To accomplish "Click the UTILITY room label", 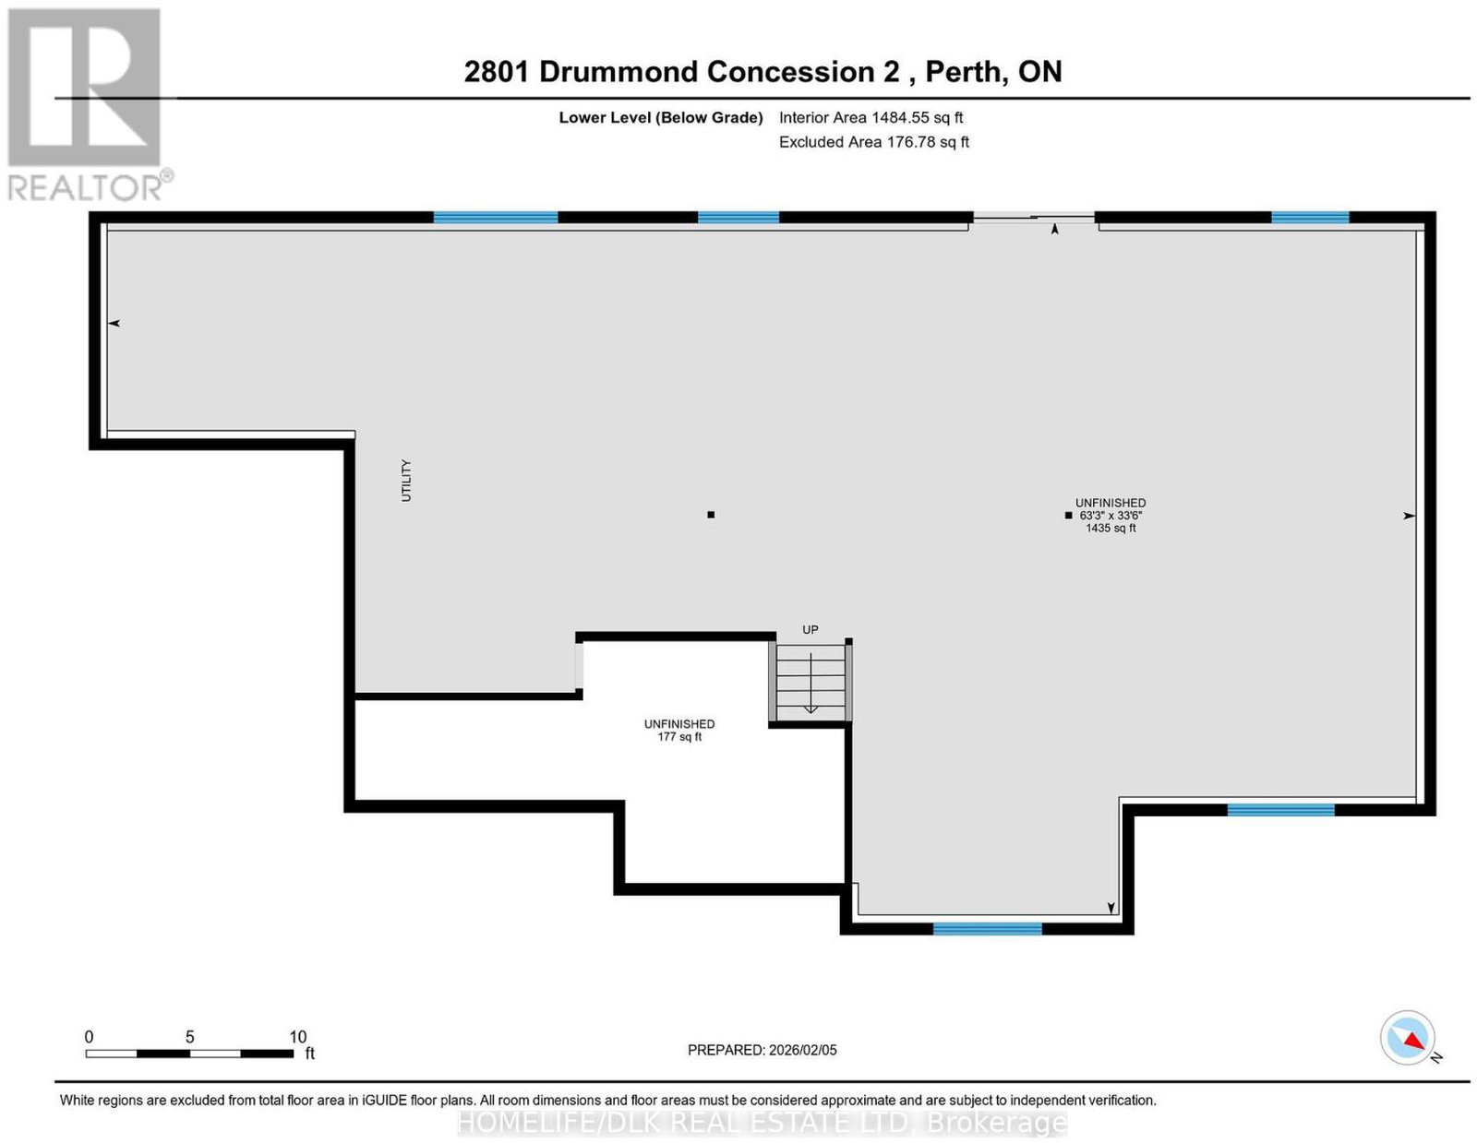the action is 406,480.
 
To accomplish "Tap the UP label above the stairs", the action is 810,629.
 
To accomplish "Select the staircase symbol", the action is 811,681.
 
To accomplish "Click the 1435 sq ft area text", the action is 1110,528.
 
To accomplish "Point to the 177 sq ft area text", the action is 679,737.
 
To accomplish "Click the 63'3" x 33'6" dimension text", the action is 1110,516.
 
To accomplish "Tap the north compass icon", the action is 1407,1038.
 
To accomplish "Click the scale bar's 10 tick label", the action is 298,1037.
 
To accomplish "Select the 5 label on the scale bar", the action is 189,1037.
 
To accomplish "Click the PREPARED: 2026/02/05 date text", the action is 762,1050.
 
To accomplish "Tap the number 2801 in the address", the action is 496,72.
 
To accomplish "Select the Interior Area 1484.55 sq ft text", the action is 871,117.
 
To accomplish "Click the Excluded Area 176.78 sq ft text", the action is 873,142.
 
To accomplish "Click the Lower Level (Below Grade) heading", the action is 661,117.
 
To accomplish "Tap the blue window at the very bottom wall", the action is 987,928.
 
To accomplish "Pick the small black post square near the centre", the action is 710,515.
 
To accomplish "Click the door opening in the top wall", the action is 1034,218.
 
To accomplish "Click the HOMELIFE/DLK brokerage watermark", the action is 762,1124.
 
